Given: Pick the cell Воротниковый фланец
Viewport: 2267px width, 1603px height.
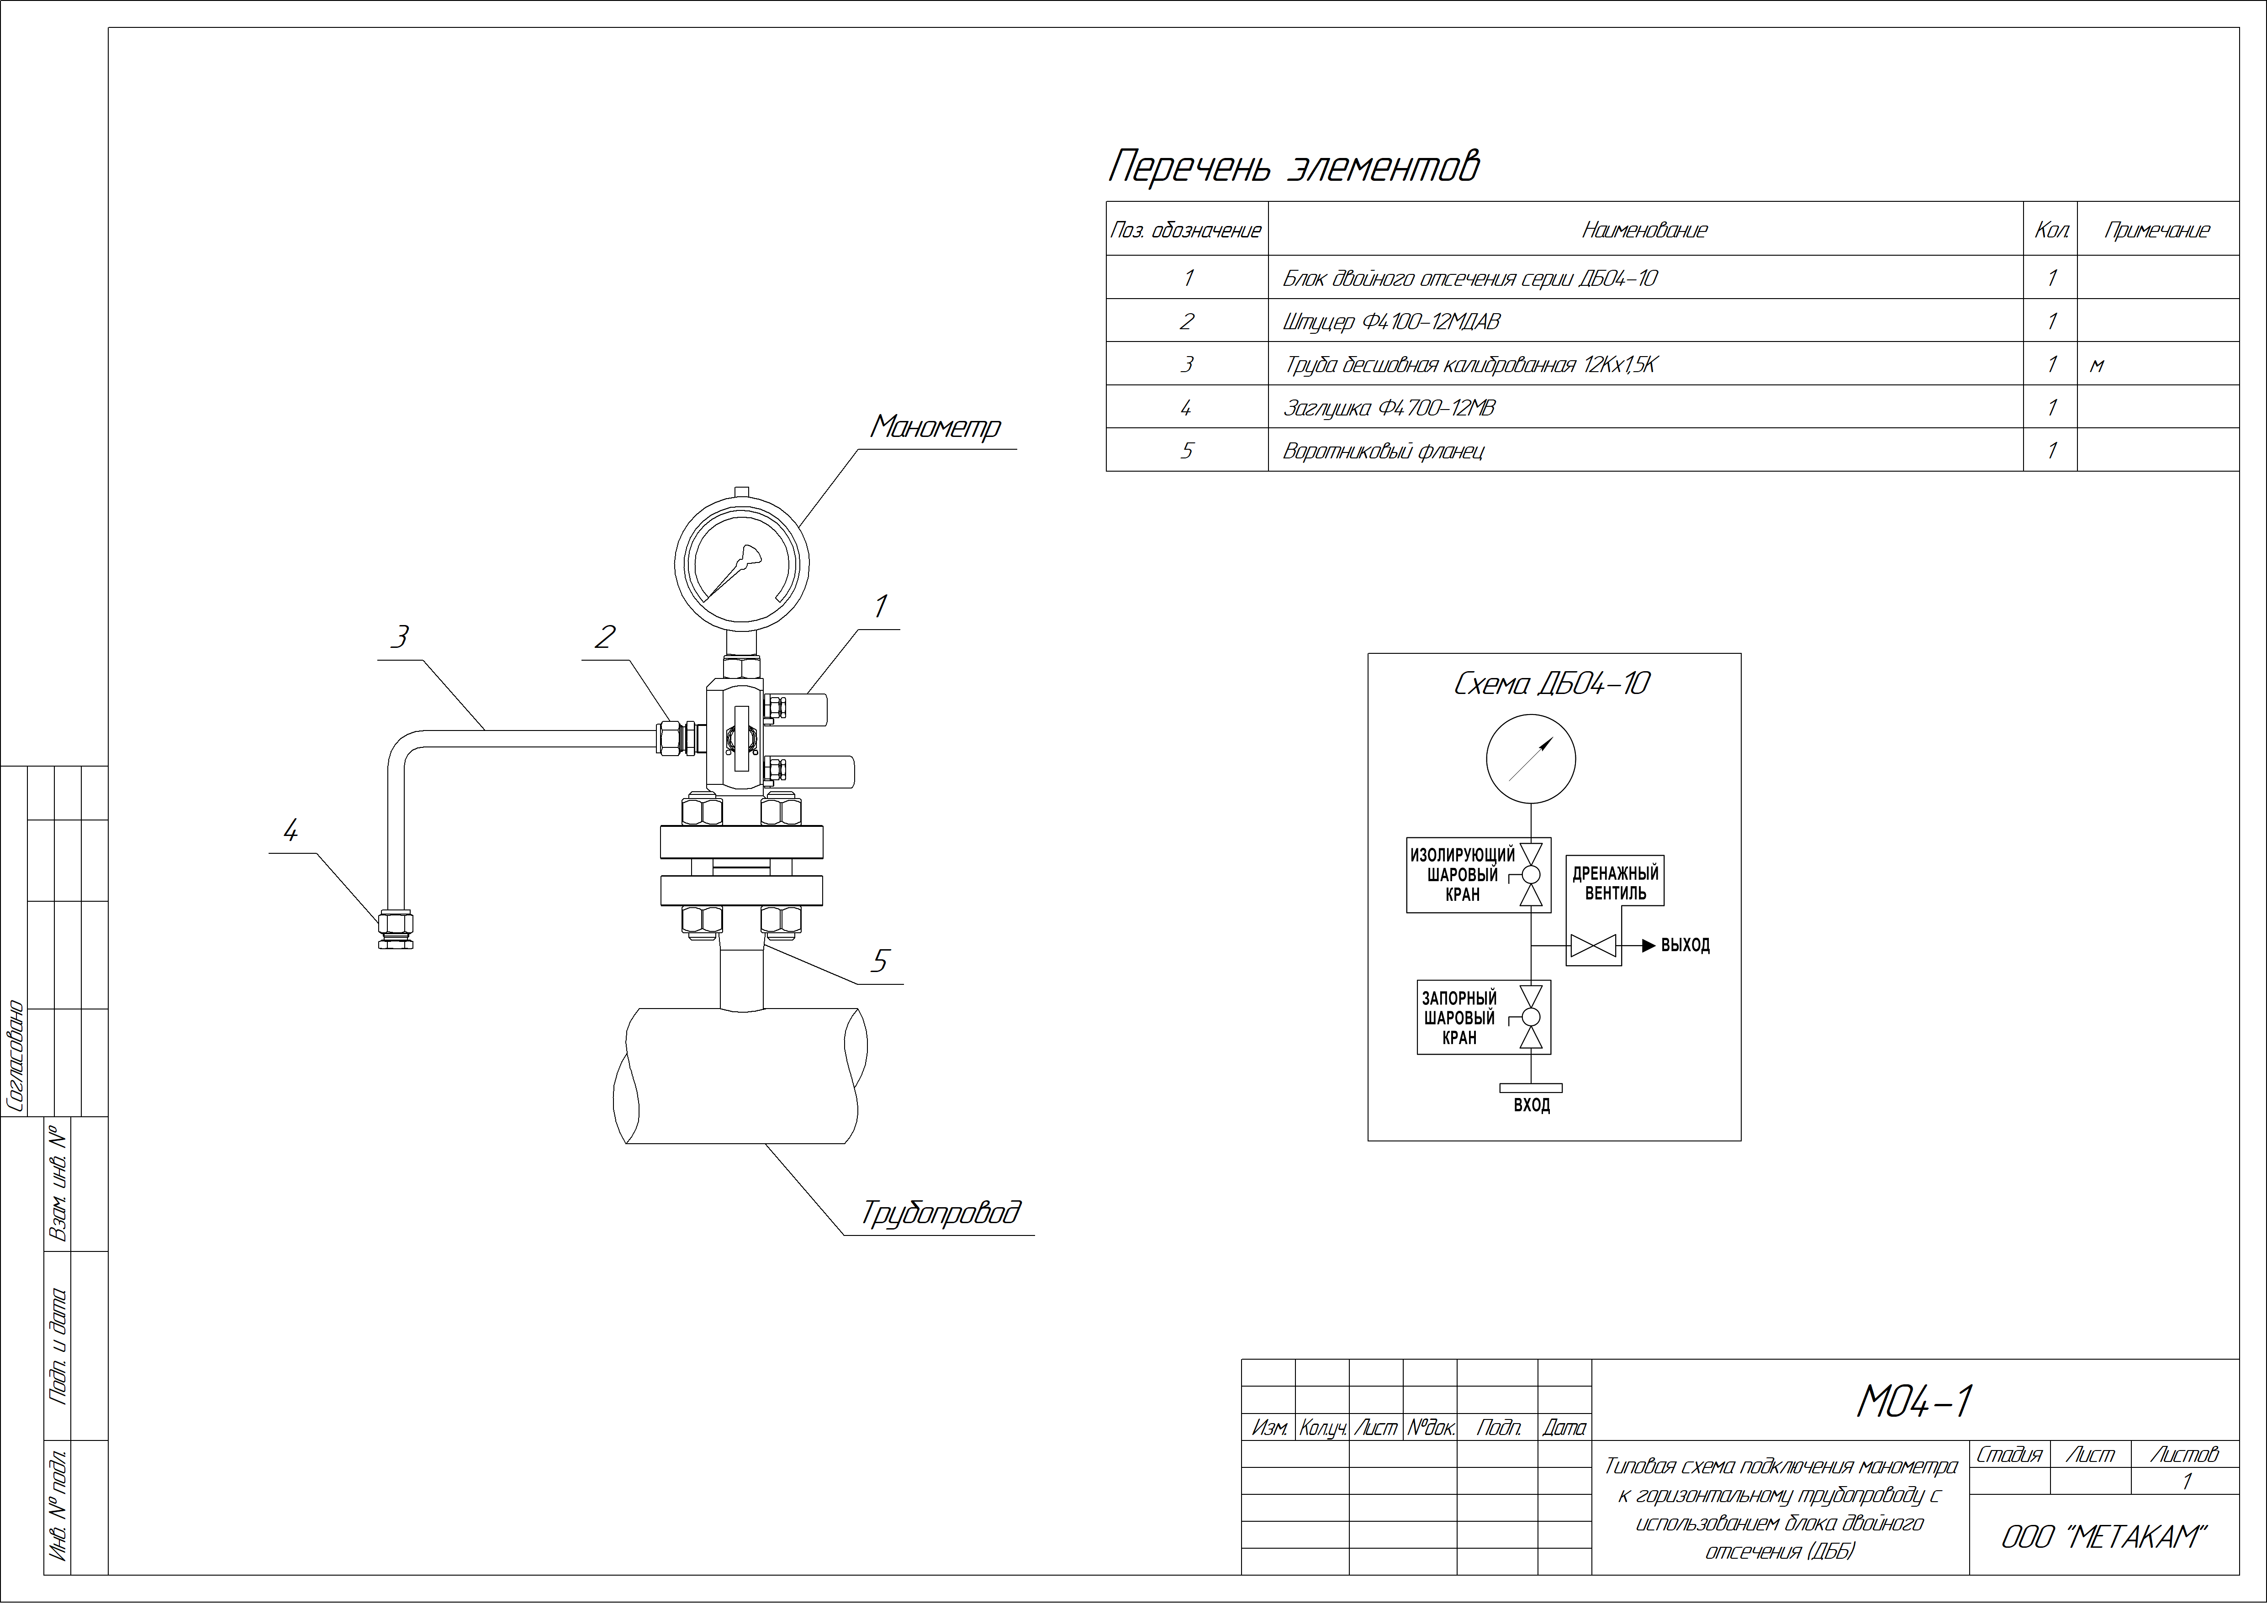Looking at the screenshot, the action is pos(1382,451).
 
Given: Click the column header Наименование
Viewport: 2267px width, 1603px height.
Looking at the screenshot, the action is pos(1644,230).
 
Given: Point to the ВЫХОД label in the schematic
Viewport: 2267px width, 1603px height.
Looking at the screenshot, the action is pos(1686,945).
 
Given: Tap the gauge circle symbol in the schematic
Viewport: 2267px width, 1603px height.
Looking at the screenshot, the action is pos(1530,759).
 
